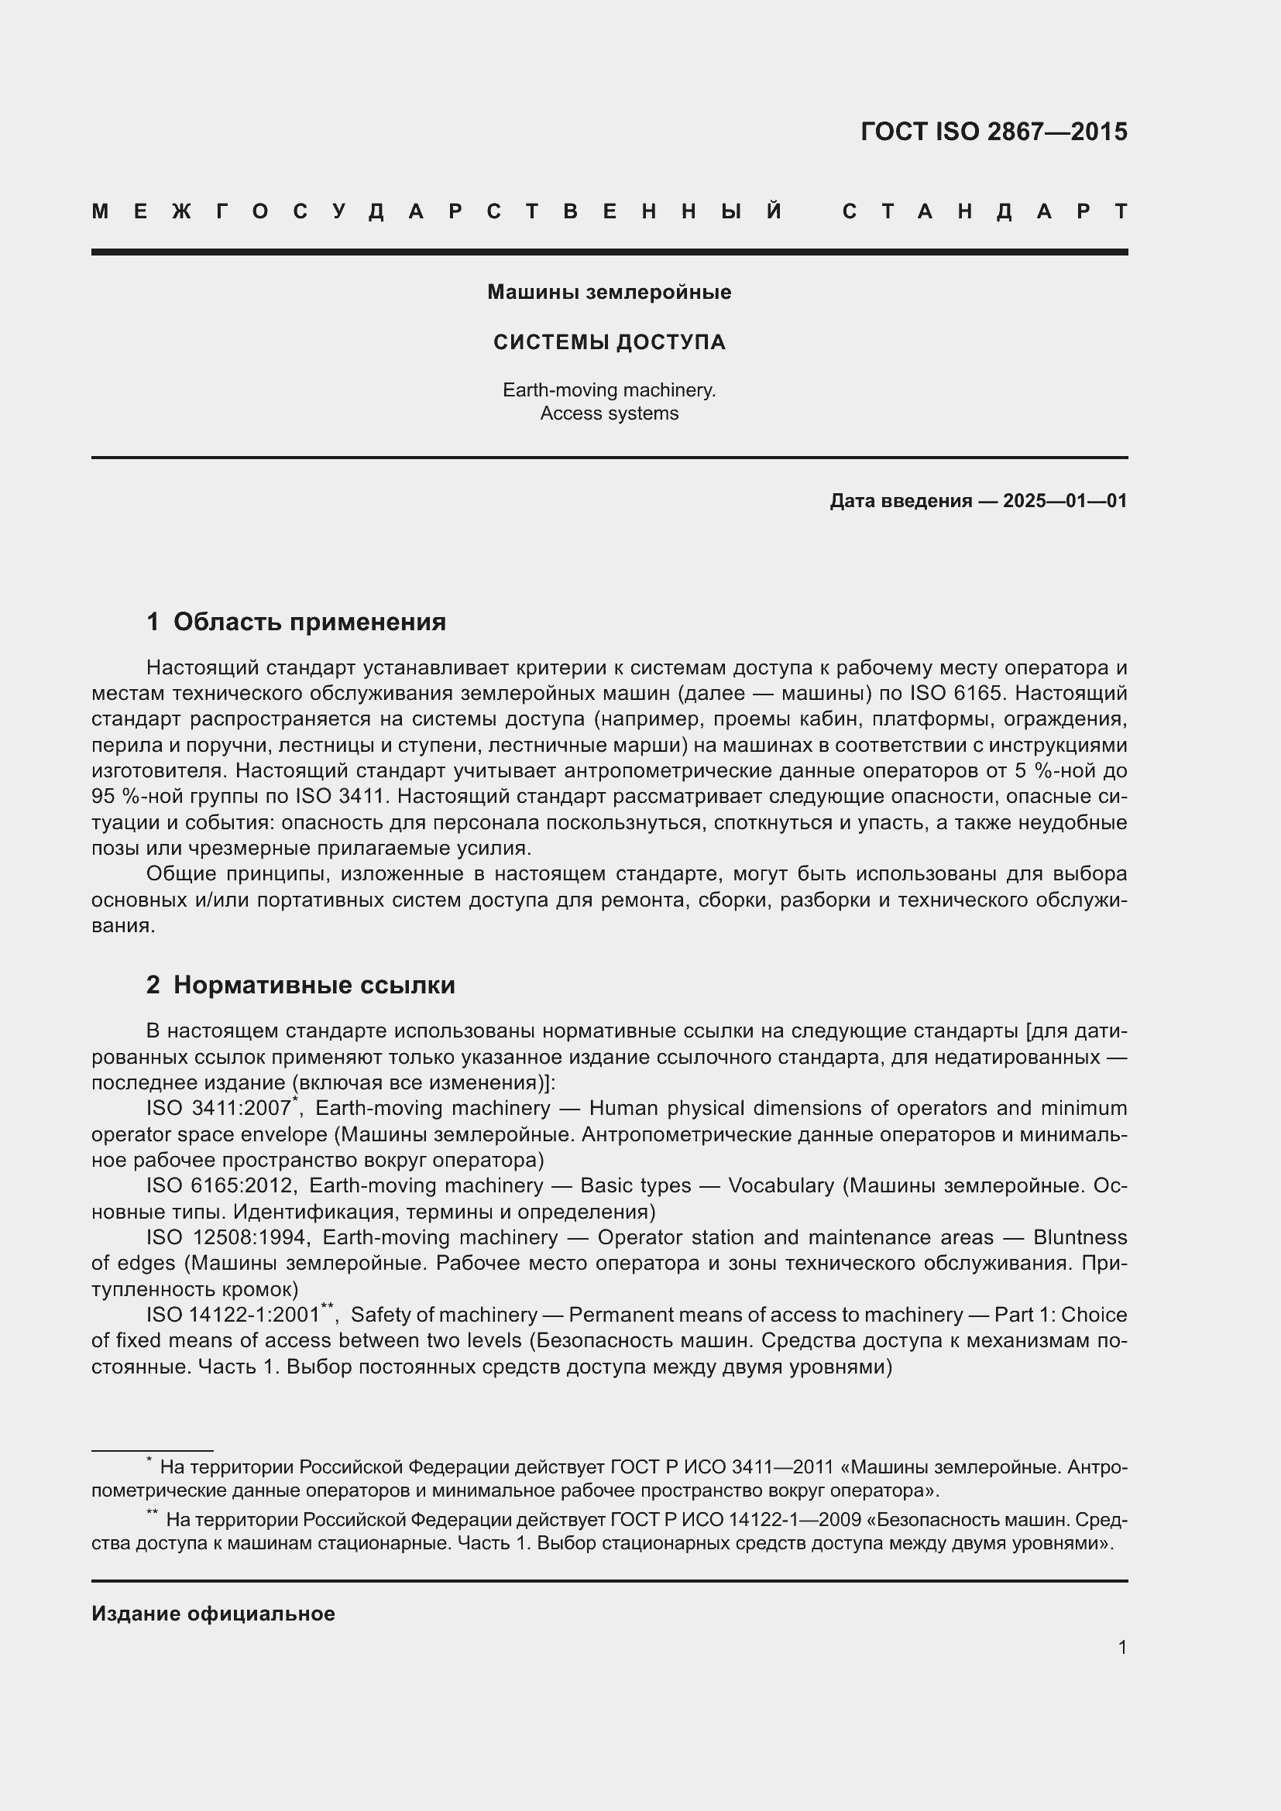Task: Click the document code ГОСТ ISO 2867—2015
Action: pyautogui.click(x=993, y=132)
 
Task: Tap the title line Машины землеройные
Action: pyautogui.click(x=609, y=293)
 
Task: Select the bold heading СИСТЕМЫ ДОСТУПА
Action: pyautogui.click(x=609, y=342)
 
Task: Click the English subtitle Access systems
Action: pyautogui.click(x=609, y=413)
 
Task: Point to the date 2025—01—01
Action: pyautogui.click(x=1065, y=501)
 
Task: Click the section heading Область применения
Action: pyautogui.click(x=309, y=623)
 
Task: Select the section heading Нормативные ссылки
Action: pyautogui.click(x=314, y=985)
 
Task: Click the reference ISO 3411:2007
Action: pyautogui.click(x=218, y=1108)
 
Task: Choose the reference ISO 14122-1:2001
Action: pyautogui.click(x=232, y=1315)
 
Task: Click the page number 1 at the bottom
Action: pyautogui.click(x=1121, y=1647)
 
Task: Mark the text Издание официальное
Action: pyautogui.click(x=213, y=1614)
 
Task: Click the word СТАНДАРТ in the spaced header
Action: pyautogui.click(x=984, y=212)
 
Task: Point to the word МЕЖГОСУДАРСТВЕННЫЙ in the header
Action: pyautogui.click(x=437, y=212)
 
